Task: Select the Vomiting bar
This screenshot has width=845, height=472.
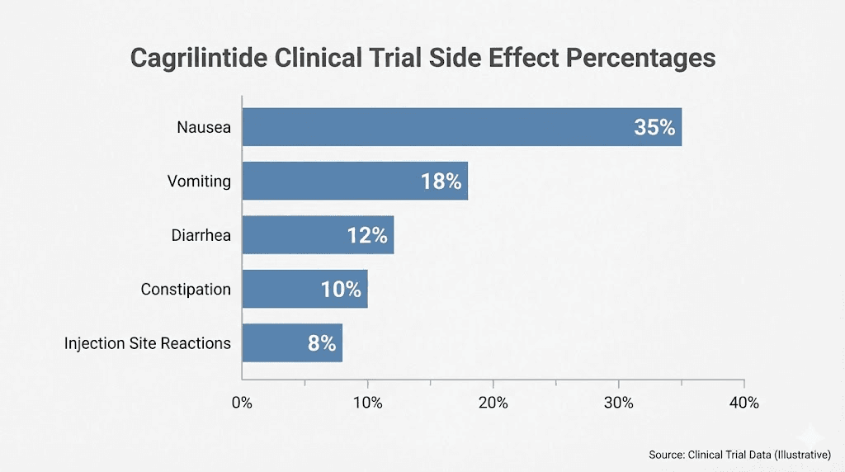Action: tap(330, 181)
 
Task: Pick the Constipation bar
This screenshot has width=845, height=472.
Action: tap(281, 289)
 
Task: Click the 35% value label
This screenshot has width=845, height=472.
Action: tap(654, 128)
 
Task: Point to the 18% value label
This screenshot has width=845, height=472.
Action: tap(441, 182)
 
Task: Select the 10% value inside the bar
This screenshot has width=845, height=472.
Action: tap(341, 290)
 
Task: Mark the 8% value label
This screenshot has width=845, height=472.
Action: tap(322, 343)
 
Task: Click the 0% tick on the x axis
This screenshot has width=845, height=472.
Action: tap(242, 403)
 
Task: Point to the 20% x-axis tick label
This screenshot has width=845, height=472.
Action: tap(493, 403)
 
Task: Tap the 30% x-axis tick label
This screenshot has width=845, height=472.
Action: tap(619, 403)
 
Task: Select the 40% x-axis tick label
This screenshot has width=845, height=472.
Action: tap(744, 403)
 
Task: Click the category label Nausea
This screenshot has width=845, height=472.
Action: tap(204, 128)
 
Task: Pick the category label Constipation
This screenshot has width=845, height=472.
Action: tap(186, 290)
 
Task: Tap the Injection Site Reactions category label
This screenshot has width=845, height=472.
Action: tap(148, 343)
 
